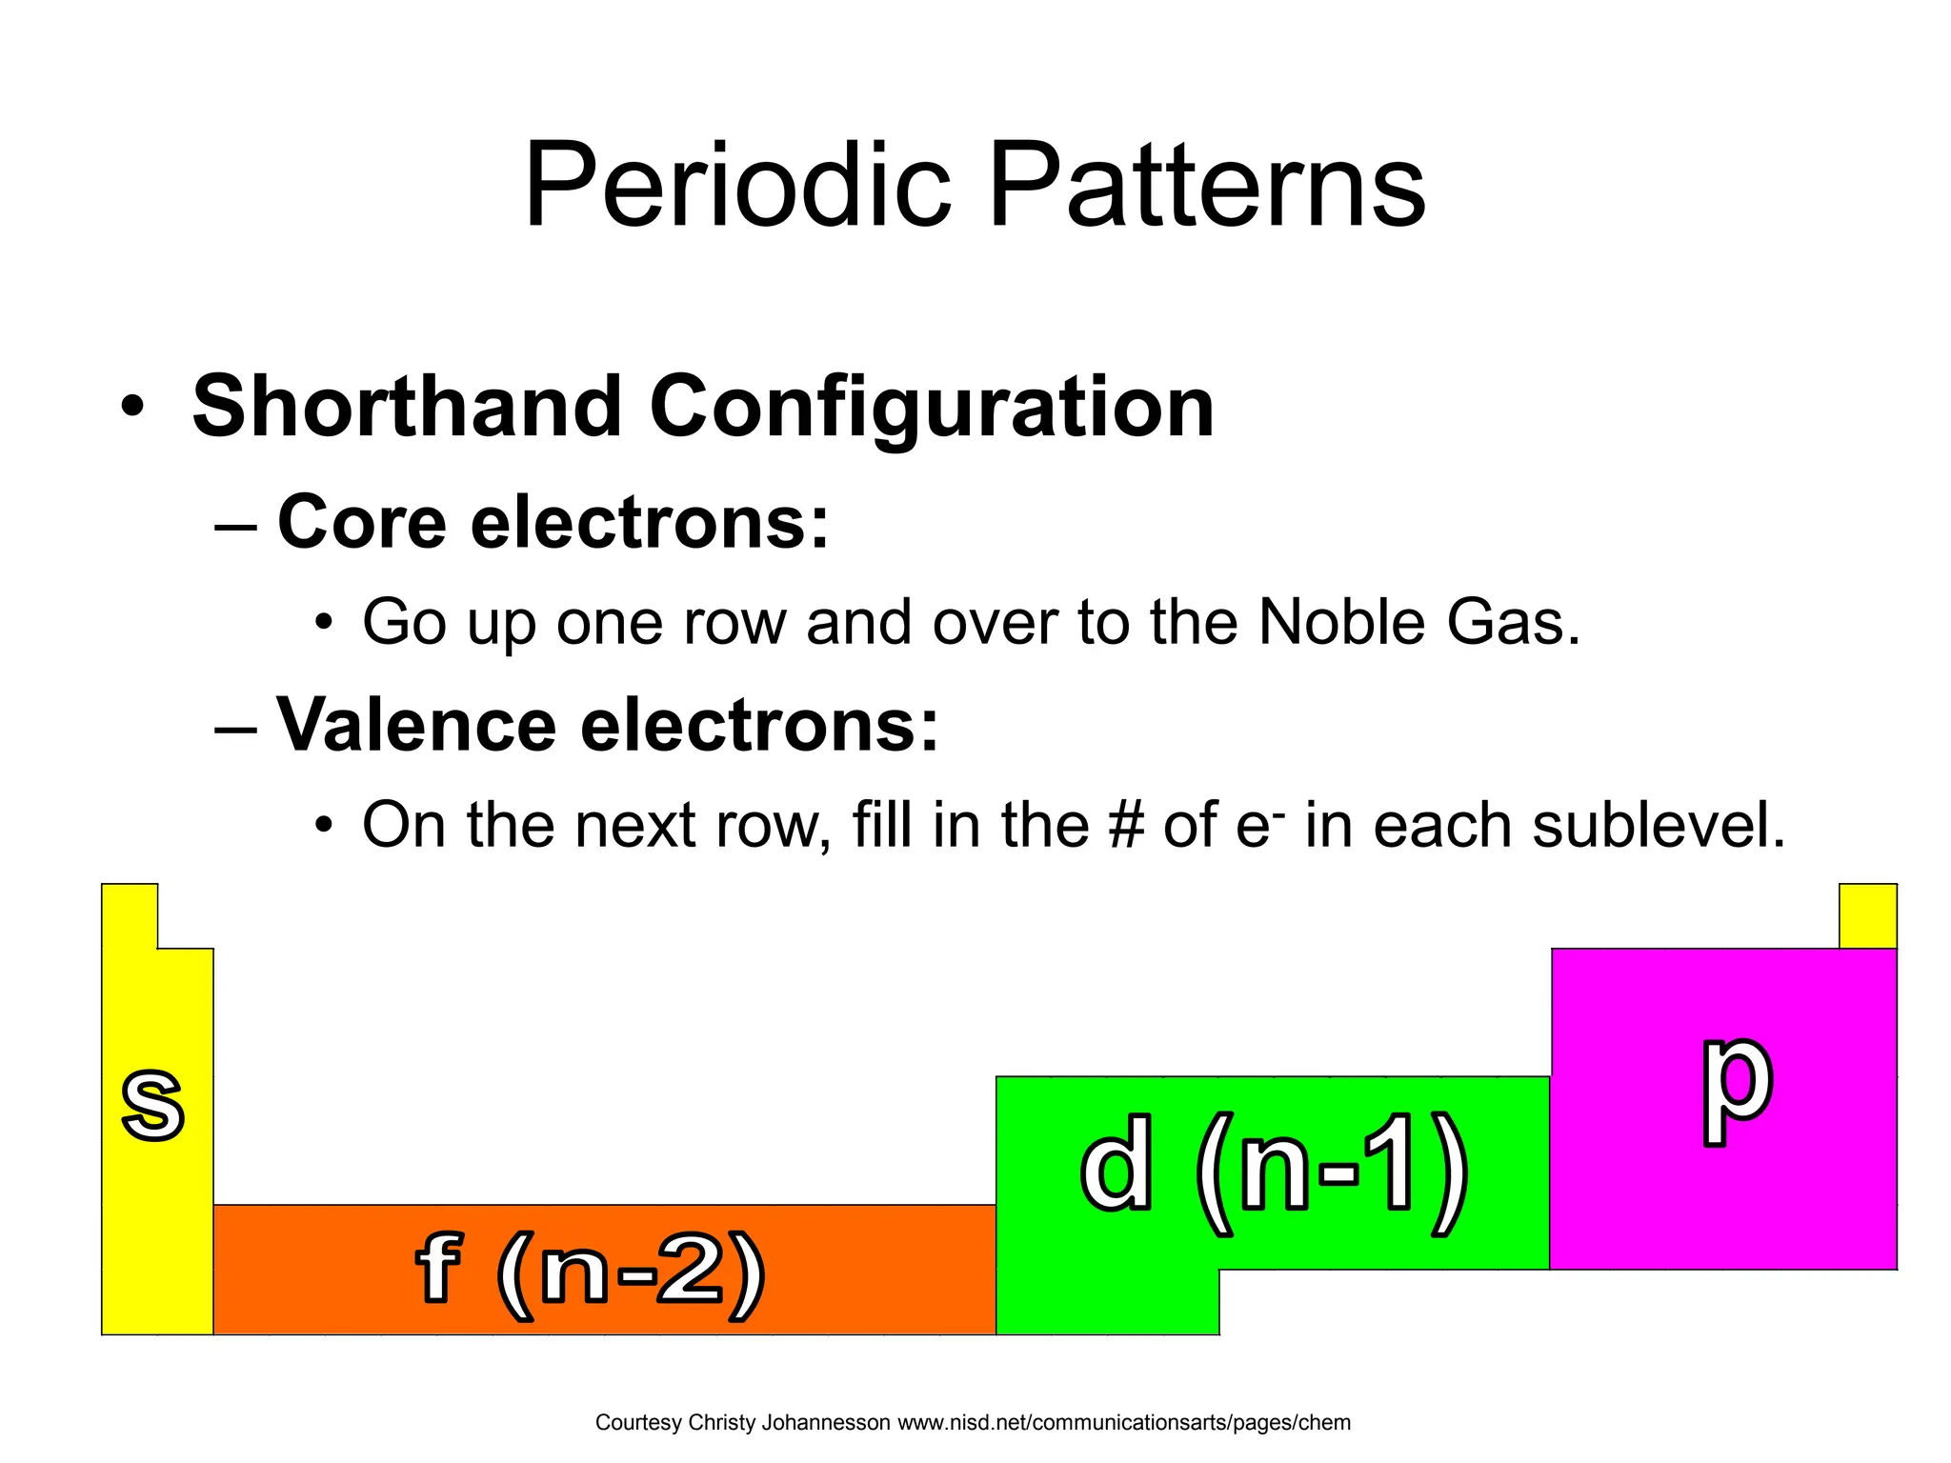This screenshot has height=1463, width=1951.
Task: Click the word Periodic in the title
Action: click(738, 186)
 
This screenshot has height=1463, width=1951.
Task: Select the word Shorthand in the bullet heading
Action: click(407, 408)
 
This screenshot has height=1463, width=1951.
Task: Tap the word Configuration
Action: click(931, 408)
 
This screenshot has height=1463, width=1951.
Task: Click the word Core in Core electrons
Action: click(361, 523)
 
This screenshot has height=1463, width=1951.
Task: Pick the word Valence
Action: click(415, 725)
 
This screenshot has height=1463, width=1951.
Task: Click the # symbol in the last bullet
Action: click(1126, 825)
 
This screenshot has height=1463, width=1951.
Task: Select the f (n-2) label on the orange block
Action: click(591, 1273)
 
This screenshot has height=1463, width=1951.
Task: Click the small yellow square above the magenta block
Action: click(1867, 916)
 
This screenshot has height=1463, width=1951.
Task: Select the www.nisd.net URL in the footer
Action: click(1124, 1423)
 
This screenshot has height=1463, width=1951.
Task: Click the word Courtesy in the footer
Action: click(638, 1423)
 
